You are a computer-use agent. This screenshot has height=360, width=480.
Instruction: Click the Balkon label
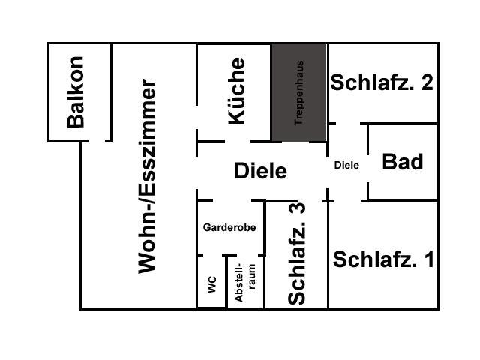(75, 92)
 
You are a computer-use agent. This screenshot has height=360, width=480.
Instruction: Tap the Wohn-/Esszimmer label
(147, 176)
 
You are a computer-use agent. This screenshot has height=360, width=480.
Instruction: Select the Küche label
(237, 91)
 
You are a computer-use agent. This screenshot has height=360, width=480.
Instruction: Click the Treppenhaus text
(298, 93)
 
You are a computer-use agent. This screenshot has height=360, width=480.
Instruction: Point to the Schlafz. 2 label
(382, 82)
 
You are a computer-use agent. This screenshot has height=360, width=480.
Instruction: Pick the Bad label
(403, 162)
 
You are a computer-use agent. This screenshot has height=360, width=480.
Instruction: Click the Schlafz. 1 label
(383, 259)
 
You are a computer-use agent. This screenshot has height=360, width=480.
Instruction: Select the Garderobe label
(229, 227)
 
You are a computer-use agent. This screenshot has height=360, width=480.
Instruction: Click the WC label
(212, 285)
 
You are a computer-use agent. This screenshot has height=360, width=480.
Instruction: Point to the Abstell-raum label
(245, 283)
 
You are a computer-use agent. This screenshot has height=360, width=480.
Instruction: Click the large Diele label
(260, 171)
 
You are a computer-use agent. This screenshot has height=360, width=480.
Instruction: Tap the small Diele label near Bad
(346, 165)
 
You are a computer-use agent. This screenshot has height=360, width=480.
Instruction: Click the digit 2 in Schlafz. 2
(427, 82)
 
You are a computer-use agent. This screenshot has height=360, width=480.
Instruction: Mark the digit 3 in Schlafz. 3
(297, 208)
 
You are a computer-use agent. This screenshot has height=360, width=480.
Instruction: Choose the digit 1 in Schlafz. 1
(430, 259)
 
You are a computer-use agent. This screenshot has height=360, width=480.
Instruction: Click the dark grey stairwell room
(299, 92)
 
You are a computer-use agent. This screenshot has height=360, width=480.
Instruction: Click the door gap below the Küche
(238, 142)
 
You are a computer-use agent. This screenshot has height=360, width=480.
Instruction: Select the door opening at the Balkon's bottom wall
(97, 141)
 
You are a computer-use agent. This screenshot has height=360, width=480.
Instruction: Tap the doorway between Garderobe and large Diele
(232, 201)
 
